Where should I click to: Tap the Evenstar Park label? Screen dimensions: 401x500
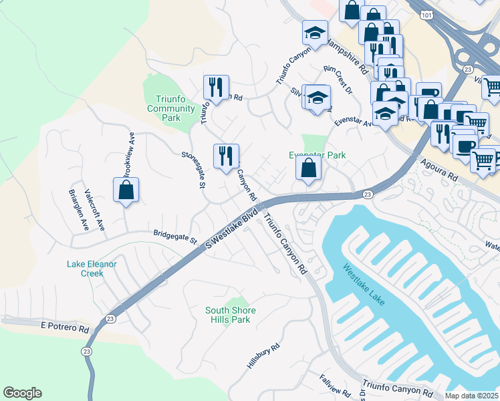[317, 155]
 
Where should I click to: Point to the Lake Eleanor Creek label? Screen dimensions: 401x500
[92, 269]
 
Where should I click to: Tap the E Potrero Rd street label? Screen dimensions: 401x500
[64, 329]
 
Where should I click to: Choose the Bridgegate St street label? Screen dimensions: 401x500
[175, 237]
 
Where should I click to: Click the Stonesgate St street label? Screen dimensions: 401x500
[192, 170]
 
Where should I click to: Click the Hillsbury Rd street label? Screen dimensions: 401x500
[263, 357]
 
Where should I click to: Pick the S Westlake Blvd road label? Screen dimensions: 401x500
[232, 229]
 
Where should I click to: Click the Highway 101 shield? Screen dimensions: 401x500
[426, 14]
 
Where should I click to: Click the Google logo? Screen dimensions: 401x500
[22, 393]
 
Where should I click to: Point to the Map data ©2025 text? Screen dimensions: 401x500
[471, 396]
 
